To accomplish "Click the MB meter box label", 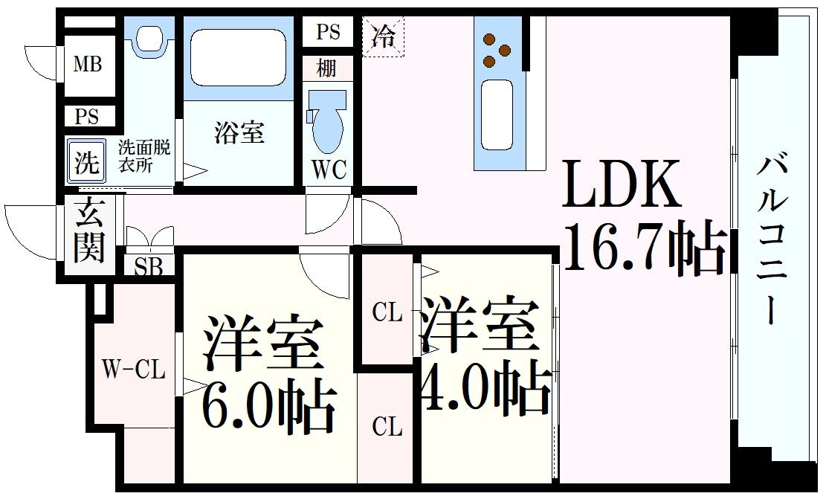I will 87,65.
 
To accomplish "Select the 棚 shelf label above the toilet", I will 326,69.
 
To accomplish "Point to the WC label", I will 329,170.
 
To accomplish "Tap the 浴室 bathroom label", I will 239,134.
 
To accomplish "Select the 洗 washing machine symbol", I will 87,161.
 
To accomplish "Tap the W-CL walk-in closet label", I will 134,370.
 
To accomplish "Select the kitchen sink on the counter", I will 497,114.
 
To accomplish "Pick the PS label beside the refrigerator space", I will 328,32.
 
